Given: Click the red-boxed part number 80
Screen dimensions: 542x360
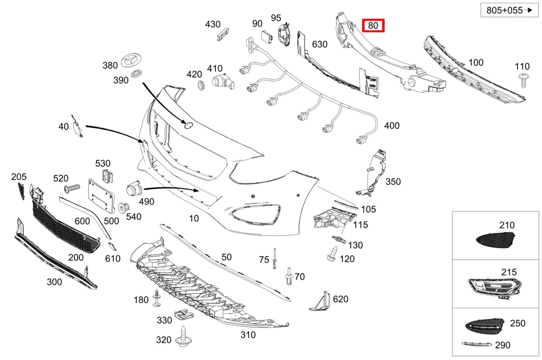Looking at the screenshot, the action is click(373, 25).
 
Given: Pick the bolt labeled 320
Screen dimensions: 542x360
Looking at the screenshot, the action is click(183, 337).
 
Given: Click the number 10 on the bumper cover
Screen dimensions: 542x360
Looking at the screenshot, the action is click(194, 218).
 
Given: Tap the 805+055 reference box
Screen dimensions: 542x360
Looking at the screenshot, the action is click(509, 10).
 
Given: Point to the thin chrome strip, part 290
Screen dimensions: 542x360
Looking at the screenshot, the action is click(476, 344).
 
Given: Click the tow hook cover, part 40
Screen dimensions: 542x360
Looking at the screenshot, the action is click(77, 126).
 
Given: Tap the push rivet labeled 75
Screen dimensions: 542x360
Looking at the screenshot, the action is click(274, 259).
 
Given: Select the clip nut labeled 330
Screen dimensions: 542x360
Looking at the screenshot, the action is click(183, 314).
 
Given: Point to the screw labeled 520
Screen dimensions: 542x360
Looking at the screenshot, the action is click(72, 189).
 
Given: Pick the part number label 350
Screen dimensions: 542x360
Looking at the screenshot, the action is click(393, 182).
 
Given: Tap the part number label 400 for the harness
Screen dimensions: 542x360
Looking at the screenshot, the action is click(392, 126).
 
